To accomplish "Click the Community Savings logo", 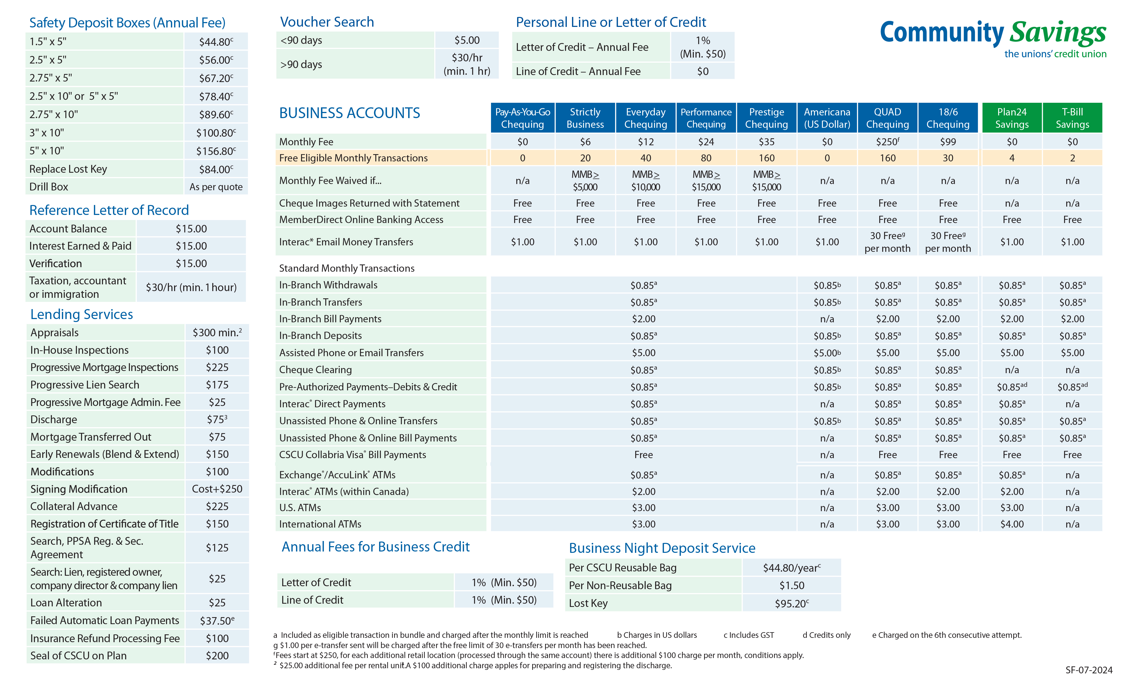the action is [993, 39].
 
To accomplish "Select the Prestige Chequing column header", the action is [766, 118].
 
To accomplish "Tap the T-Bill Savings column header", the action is [1072, 118].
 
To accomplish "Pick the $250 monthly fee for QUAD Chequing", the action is [887, 142].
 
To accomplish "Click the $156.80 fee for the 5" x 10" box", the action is [216, 151].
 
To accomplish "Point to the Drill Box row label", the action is [49, 187].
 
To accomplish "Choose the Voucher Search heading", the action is [327, 22].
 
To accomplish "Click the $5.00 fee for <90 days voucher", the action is [467, 40].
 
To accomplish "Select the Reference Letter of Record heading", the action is [109, 210].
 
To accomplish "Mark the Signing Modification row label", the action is [79, 489].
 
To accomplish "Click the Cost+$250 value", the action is [217, 489].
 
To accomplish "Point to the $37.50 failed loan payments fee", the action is [217, 620].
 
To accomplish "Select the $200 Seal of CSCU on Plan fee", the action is [217, 656].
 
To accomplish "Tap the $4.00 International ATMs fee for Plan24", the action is [1012, 524].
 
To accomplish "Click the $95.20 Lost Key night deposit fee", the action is [792, 603].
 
